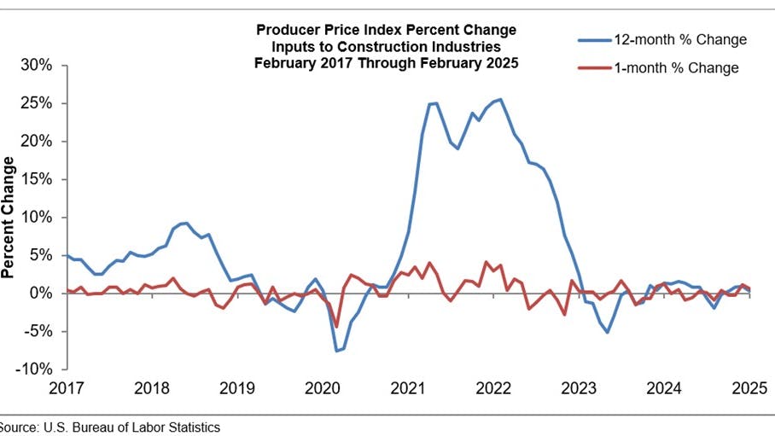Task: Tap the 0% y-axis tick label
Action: coord(43,294)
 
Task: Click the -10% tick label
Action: coord(37,369)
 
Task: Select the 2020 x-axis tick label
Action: coord(323,388)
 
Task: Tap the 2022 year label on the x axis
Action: coord(493,388)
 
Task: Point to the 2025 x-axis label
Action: coord(749,388)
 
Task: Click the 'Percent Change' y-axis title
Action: coord(9,218)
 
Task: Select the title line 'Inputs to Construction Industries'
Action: coord(387,46)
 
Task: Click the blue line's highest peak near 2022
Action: coord(500,100)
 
